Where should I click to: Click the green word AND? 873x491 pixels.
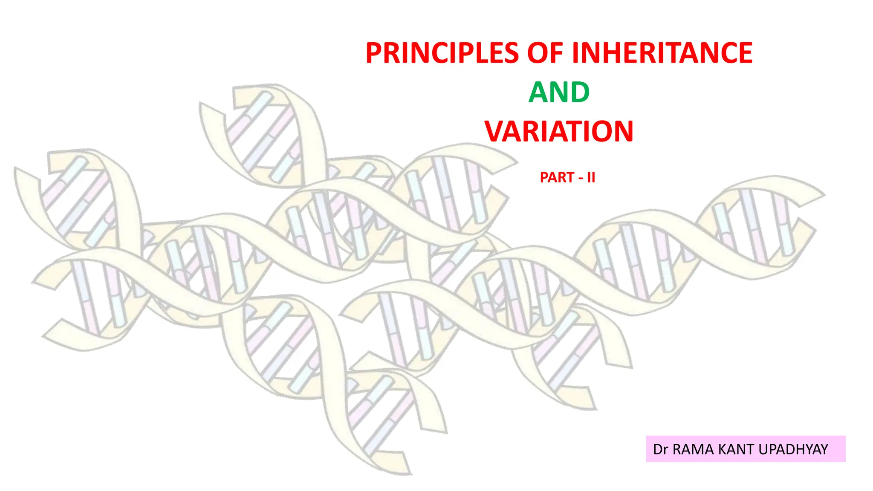tap(559, 92)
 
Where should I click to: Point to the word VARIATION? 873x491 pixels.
tap(559, 131)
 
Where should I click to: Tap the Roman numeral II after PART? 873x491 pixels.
tap(591, 177)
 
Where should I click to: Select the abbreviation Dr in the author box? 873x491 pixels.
tap(660, 449)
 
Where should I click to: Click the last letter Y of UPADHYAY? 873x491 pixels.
tap(823, 449)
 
